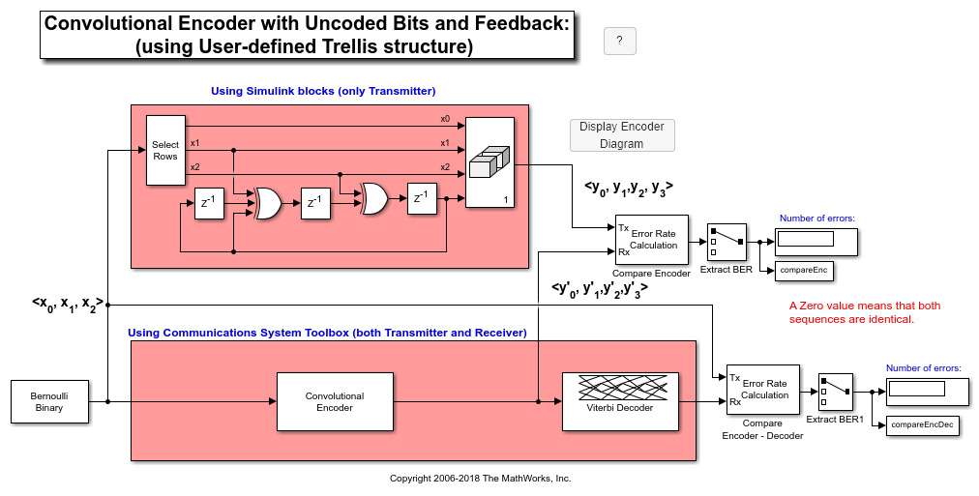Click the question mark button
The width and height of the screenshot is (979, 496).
(619, 41)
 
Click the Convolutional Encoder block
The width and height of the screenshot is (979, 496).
(335, 401)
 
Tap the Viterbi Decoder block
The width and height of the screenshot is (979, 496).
(619, 401)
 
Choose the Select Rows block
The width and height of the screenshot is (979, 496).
(165, 150)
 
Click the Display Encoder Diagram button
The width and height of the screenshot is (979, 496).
(622, 135)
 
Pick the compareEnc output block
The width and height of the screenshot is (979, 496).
(804, 270)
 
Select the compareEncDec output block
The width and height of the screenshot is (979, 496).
(922, 424)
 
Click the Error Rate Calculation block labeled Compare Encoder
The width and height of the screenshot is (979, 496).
(651, 240)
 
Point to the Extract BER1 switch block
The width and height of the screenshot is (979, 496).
(834, 392)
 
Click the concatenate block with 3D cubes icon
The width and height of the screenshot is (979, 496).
(490, 162)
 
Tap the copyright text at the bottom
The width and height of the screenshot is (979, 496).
(480, 479)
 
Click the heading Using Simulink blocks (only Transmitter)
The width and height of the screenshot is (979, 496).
(323, 91)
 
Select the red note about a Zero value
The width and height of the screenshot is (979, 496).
(864, 312)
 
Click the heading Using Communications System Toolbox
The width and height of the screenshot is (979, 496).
(327, 333)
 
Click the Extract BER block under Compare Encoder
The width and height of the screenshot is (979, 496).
(726, 241)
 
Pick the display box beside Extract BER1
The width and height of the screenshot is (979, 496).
(928, 391)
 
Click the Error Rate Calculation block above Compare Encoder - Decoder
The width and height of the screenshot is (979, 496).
(763, 390)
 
